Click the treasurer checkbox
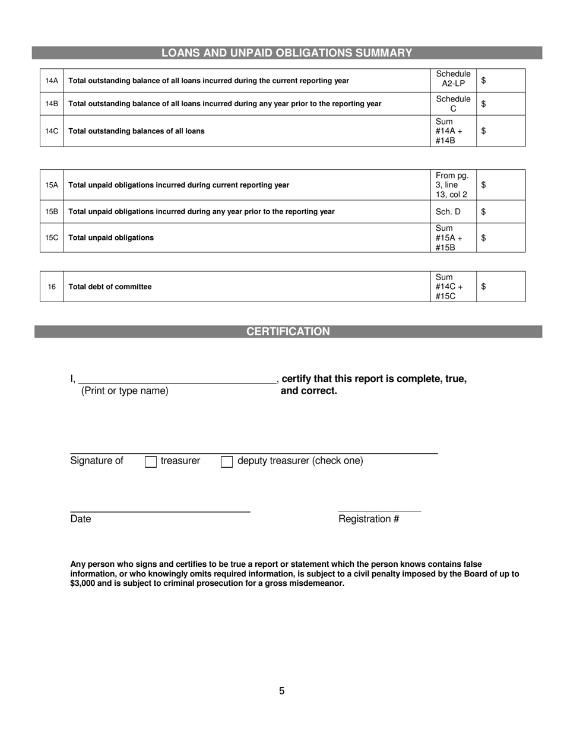tap(151, 462)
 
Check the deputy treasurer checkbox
tap(227, 462)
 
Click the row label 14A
tap(52, 81)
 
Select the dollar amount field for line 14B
tap(502, 104)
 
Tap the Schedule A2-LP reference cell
tap(453, 80)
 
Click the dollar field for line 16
tap(502, 287)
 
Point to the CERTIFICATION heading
tap(288, 332)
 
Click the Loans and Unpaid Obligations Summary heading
tap(287, 53)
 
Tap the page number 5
tap(281, 691)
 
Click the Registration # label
tap(369, 519)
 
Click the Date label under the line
tap(81, 519)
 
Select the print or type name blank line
tap(177, 380)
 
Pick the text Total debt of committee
tap(110, 287)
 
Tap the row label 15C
tap(52, 238)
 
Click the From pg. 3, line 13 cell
tap(452, 185)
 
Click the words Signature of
tap(97, 461)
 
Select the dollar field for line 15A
tap(502, 185)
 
